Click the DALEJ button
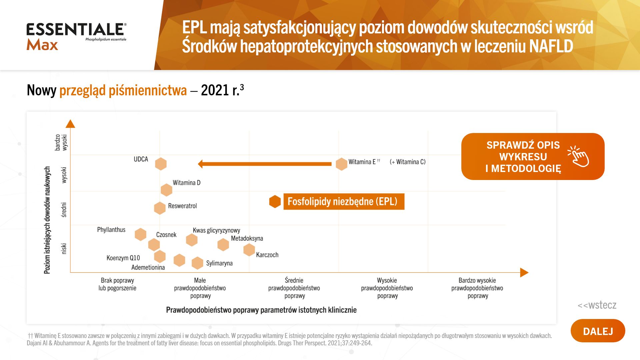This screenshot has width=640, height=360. pyautogui.click(x=598, y=331)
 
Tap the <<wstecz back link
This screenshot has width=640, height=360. pyautogui.click(x=597, y=305)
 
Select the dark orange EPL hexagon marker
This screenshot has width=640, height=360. pyautogui.click(x=275, y=201)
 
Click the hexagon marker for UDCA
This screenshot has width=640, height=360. pyautogui.click(x=161, y=164)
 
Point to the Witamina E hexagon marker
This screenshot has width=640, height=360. pyautogui.click(x=341, y=164)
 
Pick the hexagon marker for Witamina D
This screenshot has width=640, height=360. pyautogui.click(x=166, y=190)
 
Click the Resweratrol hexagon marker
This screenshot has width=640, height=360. pyautogui.click(x=160, y=208)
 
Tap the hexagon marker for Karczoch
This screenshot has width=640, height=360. pyautogui.click(x=249, y=250)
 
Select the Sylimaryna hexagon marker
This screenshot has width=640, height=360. pyautogui.click(x=197, y=263)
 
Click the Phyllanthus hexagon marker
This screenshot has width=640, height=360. pyautogui.click(x=140, y=234)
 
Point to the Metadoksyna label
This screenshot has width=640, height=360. pyautogui.click(x=247, y=238)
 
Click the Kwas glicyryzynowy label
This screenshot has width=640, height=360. pyautogui.click(x=216, y=230)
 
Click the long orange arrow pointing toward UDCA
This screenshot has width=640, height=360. pyautogui.click(x=265, y=164)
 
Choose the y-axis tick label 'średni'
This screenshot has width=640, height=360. pyautogui.click(x=64, y=210)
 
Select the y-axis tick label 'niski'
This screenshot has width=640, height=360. pyautogui.click(x=64, y=249)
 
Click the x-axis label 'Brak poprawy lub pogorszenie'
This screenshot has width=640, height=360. pyautogui.click(x=117, y=284)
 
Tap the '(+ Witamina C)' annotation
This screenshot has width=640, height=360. pyautogui.click(x=408, y=162)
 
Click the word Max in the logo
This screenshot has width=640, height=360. pyautogui.click(x=42, y=45)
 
